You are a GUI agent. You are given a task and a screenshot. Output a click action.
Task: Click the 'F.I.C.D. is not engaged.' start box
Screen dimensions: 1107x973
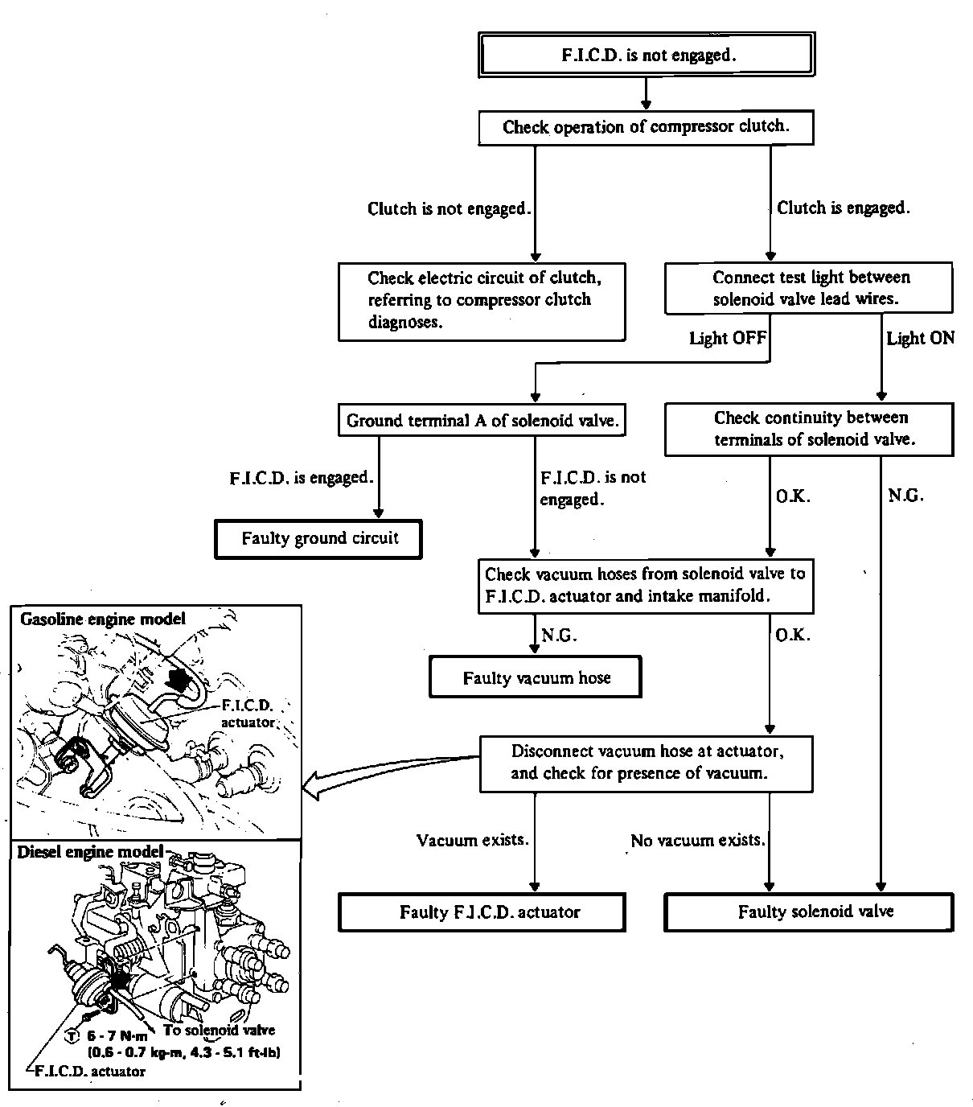pyautogui.click(x=647, y=55)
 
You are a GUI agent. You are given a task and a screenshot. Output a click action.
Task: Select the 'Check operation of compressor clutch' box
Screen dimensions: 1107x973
pyautogui.click(x=646, y=127)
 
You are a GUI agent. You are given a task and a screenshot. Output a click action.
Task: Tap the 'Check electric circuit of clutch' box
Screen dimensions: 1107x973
pyautogui.click(x=482, y=300)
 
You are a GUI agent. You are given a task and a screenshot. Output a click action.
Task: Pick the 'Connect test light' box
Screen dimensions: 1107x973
pyautogui.click(x=809, y=288)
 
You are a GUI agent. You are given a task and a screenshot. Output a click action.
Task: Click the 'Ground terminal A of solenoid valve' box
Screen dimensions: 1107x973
pyautogui.click(x=482, y=420)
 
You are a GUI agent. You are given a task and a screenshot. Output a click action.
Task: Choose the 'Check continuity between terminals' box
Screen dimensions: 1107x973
pyautogui.click(x=809, y=429)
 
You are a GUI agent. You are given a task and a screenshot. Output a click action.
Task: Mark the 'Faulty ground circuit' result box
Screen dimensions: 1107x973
pyautogui.click(x=319, y=538)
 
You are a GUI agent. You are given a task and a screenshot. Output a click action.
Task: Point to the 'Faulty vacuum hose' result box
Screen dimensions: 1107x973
pyautogui.click(x=536, y=677)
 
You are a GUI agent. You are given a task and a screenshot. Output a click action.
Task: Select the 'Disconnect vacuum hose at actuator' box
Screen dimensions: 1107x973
pyautogui.click(x=646, y=762)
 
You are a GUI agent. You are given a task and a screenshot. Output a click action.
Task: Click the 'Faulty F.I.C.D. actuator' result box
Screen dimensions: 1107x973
pyautogui.click(x=482, y=912)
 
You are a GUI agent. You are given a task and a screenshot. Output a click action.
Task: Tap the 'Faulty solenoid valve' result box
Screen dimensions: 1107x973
pyautogui.click(x=809, y=912)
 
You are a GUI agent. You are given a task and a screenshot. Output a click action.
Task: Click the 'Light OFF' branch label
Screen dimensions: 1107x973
pyautogui.click(x=728, y=338)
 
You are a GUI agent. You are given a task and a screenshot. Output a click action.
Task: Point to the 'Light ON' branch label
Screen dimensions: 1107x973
pyautogui.click(x=920, y=338)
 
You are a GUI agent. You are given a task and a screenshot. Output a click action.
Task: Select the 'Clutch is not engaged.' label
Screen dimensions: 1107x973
pyautogui.click(x=449, y=208)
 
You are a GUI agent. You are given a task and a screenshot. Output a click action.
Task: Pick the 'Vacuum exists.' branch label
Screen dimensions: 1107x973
pyautogui.click(x=472, y=840)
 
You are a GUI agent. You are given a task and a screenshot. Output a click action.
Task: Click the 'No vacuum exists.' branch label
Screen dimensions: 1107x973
pyautogui.click(x=697, y=840)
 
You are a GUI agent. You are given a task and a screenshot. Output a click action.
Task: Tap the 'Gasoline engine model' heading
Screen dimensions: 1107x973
pyautogui.click(x=103, y=619)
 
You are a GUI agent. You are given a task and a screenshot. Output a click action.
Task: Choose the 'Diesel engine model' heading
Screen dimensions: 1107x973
pyautogui.click(x=90, y=851)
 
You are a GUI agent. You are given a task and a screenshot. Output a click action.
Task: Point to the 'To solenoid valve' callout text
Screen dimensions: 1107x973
pyautogui.click(x=219, y=1030)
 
